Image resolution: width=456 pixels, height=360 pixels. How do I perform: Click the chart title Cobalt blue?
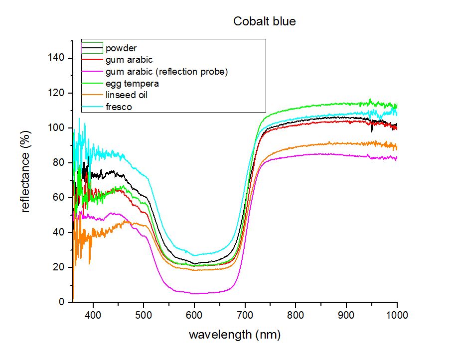coord(264,21)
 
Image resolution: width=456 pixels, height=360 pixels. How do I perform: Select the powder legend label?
coord(121,48)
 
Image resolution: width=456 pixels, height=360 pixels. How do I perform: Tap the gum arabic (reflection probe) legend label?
coord(166,72)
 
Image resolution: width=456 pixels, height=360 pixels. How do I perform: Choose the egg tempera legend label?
coord(132,84)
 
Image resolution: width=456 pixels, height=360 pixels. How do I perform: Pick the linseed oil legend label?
coord(127,95)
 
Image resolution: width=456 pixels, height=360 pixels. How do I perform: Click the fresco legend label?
coord(119,107)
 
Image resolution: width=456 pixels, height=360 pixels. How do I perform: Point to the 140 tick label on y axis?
coord(56,58)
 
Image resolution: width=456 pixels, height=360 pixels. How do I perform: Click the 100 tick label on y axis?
coord(56,127)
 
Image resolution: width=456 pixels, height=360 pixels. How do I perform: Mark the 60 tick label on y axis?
coord(58,197)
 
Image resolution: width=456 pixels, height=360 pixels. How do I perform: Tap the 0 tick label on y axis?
coord(61,302)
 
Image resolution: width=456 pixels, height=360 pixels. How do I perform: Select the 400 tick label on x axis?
coord(93,315)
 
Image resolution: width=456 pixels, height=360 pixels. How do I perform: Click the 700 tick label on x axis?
coord(245,315)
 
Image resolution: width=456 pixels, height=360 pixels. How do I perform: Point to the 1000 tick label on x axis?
coord(397,315)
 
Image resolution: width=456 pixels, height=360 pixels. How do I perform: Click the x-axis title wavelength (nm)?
coord(235,335)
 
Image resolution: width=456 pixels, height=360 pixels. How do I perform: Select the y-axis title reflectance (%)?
coord(25,172)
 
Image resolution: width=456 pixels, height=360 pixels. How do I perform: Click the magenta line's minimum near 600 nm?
coord(194,294)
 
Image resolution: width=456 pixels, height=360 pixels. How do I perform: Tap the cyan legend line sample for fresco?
coord(92,107)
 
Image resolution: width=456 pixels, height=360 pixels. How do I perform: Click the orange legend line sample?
coord(92,95)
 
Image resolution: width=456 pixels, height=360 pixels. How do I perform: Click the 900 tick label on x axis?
coord(346,315)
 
